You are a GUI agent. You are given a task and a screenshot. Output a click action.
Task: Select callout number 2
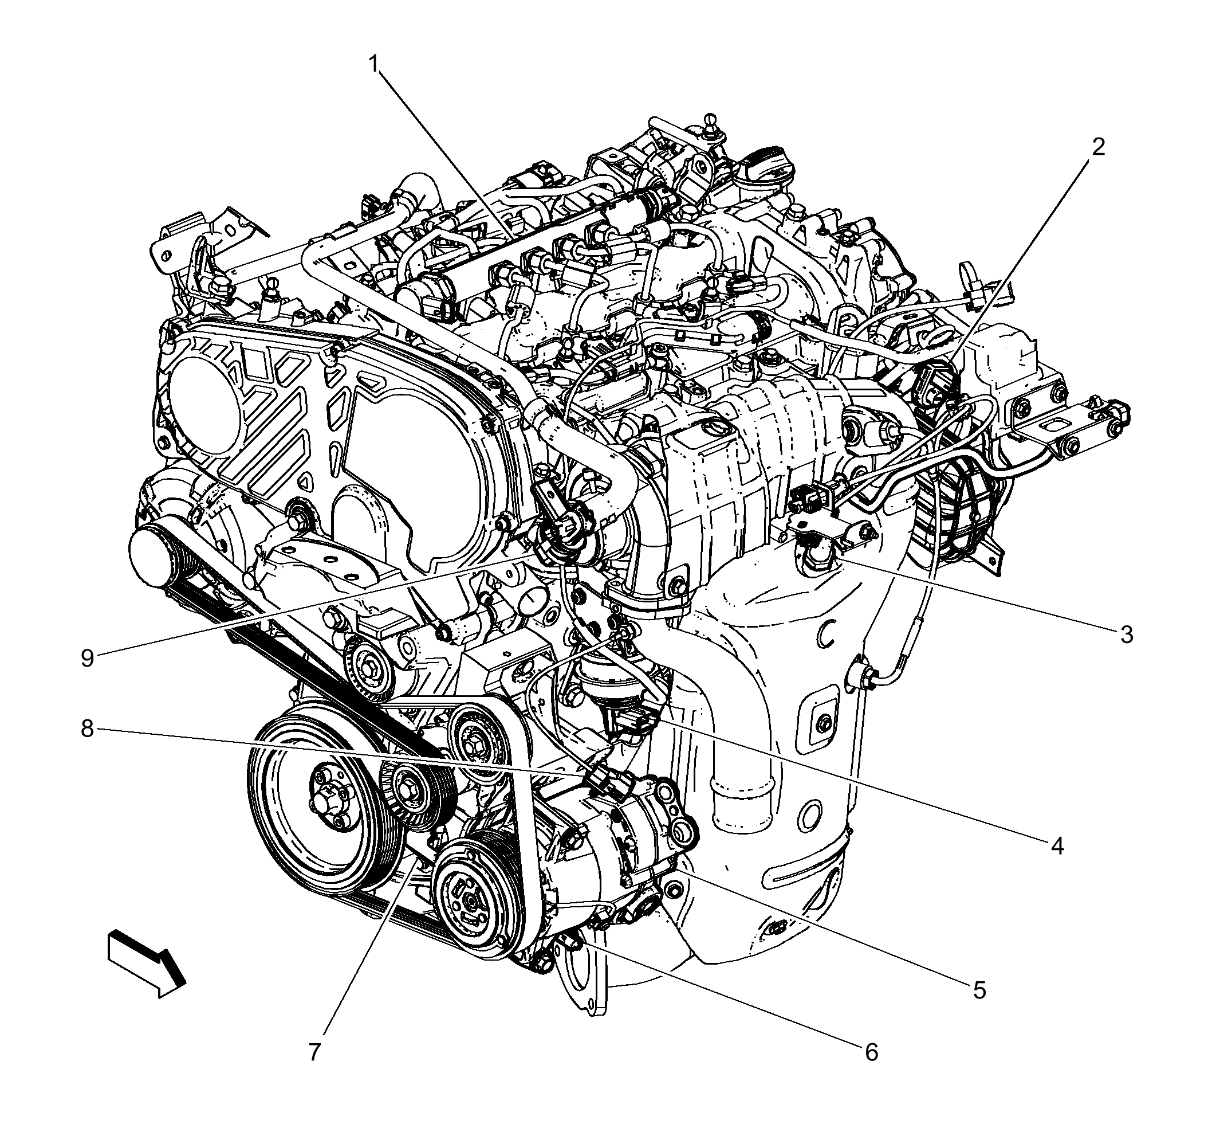(x=1097, y=147)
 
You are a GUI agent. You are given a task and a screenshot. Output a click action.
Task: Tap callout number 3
(x=1126, y=635)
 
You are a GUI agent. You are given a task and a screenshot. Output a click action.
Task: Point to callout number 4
(x=1057, y=846)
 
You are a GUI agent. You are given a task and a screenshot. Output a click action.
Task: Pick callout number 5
(x=979, y=990)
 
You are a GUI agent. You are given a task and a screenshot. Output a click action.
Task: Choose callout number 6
(x=871, y=1052)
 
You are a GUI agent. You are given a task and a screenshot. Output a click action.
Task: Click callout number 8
(x=87, y=728)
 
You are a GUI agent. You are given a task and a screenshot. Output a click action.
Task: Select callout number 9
(x=87, y=658)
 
